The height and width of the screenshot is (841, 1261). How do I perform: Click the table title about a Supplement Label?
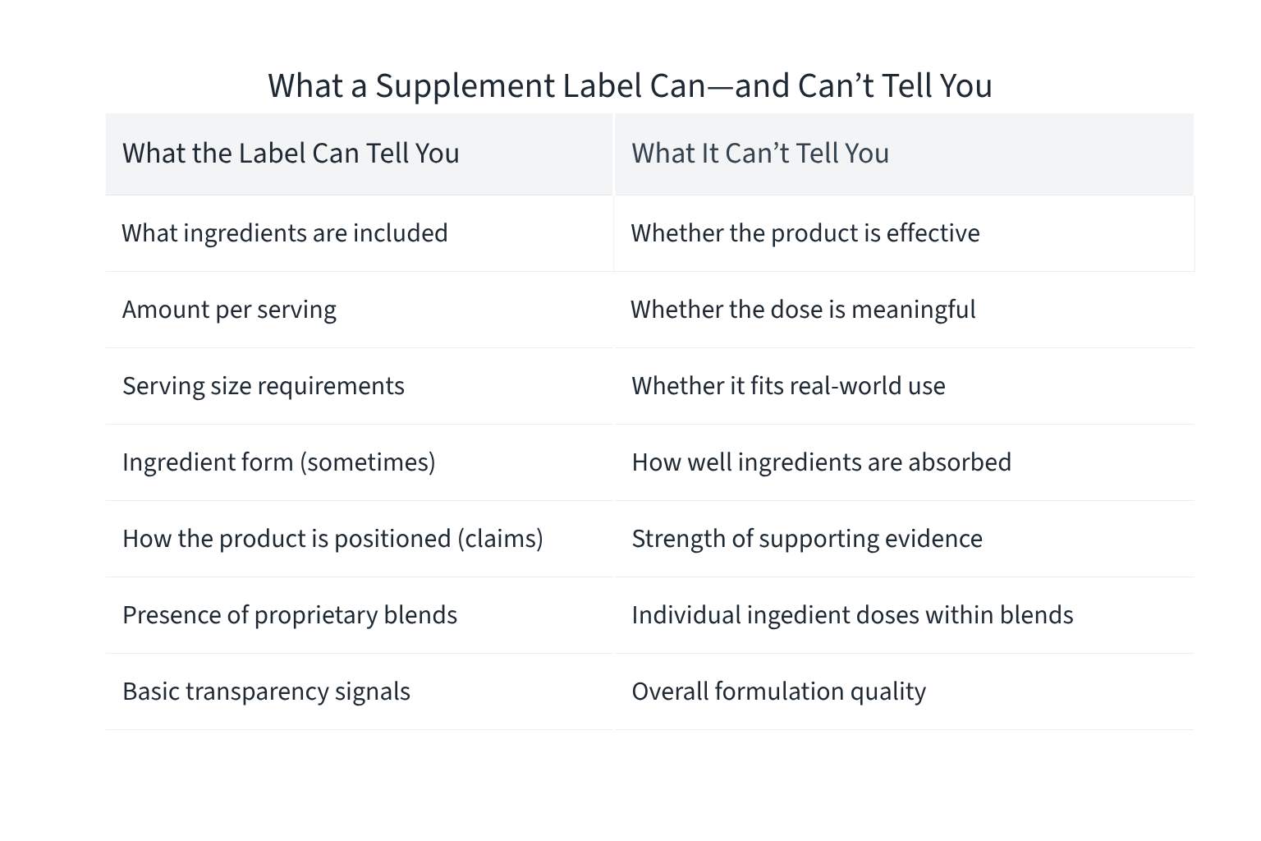coord(630,85)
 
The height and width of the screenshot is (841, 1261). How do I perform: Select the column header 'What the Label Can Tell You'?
coord(291,154)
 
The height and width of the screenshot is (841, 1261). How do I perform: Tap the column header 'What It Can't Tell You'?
coord(759,154)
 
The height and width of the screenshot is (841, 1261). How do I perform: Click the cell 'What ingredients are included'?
coord(285,233)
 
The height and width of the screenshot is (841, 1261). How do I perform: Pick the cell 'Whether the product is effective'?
coord(805,233)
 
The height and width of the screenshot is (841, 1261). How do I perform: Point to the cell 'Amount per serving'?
coord(229,310)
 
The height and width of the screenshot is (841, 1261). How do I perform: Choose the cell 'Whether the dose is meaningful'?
coord(802,310)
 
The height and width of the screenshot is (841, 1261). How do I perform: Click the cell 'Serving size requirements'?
coord(263,386)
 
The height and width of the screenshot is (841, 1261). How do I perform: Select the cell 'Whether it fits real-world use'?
coord(788,386)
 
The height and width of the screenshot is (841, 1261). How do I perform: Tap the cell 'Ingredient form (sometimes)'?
coord(278,462)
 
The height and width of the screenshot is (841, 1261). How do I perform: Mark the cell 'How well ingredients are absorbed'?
coord(821,462)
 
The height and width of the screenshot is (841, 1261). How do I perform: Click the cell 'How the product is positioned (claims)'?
coord(332,539)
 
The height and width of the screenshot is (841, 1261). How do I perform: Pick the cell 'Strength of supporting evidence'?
coord(806,539)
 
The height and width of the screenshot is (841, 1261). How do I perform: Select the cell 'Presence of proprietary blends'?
coord(290,615)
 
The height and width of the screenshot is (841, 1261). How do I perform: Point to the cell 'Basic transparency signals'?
coord(266,692)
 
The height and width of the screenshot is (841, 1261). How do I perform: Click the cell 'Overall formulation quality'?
coord(778,692)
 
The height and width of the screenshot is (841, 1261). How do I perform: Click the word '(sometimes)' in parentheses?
coord(367,462)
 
